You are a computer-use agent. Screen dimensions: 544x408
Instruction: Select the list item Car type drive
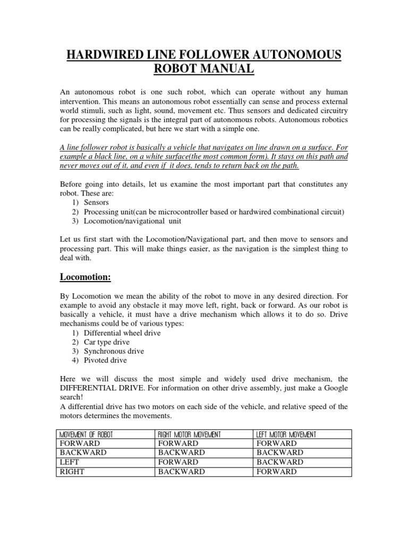(106, 342)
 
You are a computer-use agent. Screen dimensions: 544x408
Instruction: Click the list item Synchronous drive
(114, 351)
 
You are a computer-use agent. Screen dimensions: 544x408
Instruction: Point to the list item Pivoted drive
(105, 360)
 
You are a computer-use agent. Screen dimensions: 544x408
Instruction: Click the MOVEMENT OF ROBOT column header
(87, 435)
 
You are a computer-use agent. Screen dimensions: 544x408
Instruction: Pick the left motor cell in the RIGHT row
(276, 472)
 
